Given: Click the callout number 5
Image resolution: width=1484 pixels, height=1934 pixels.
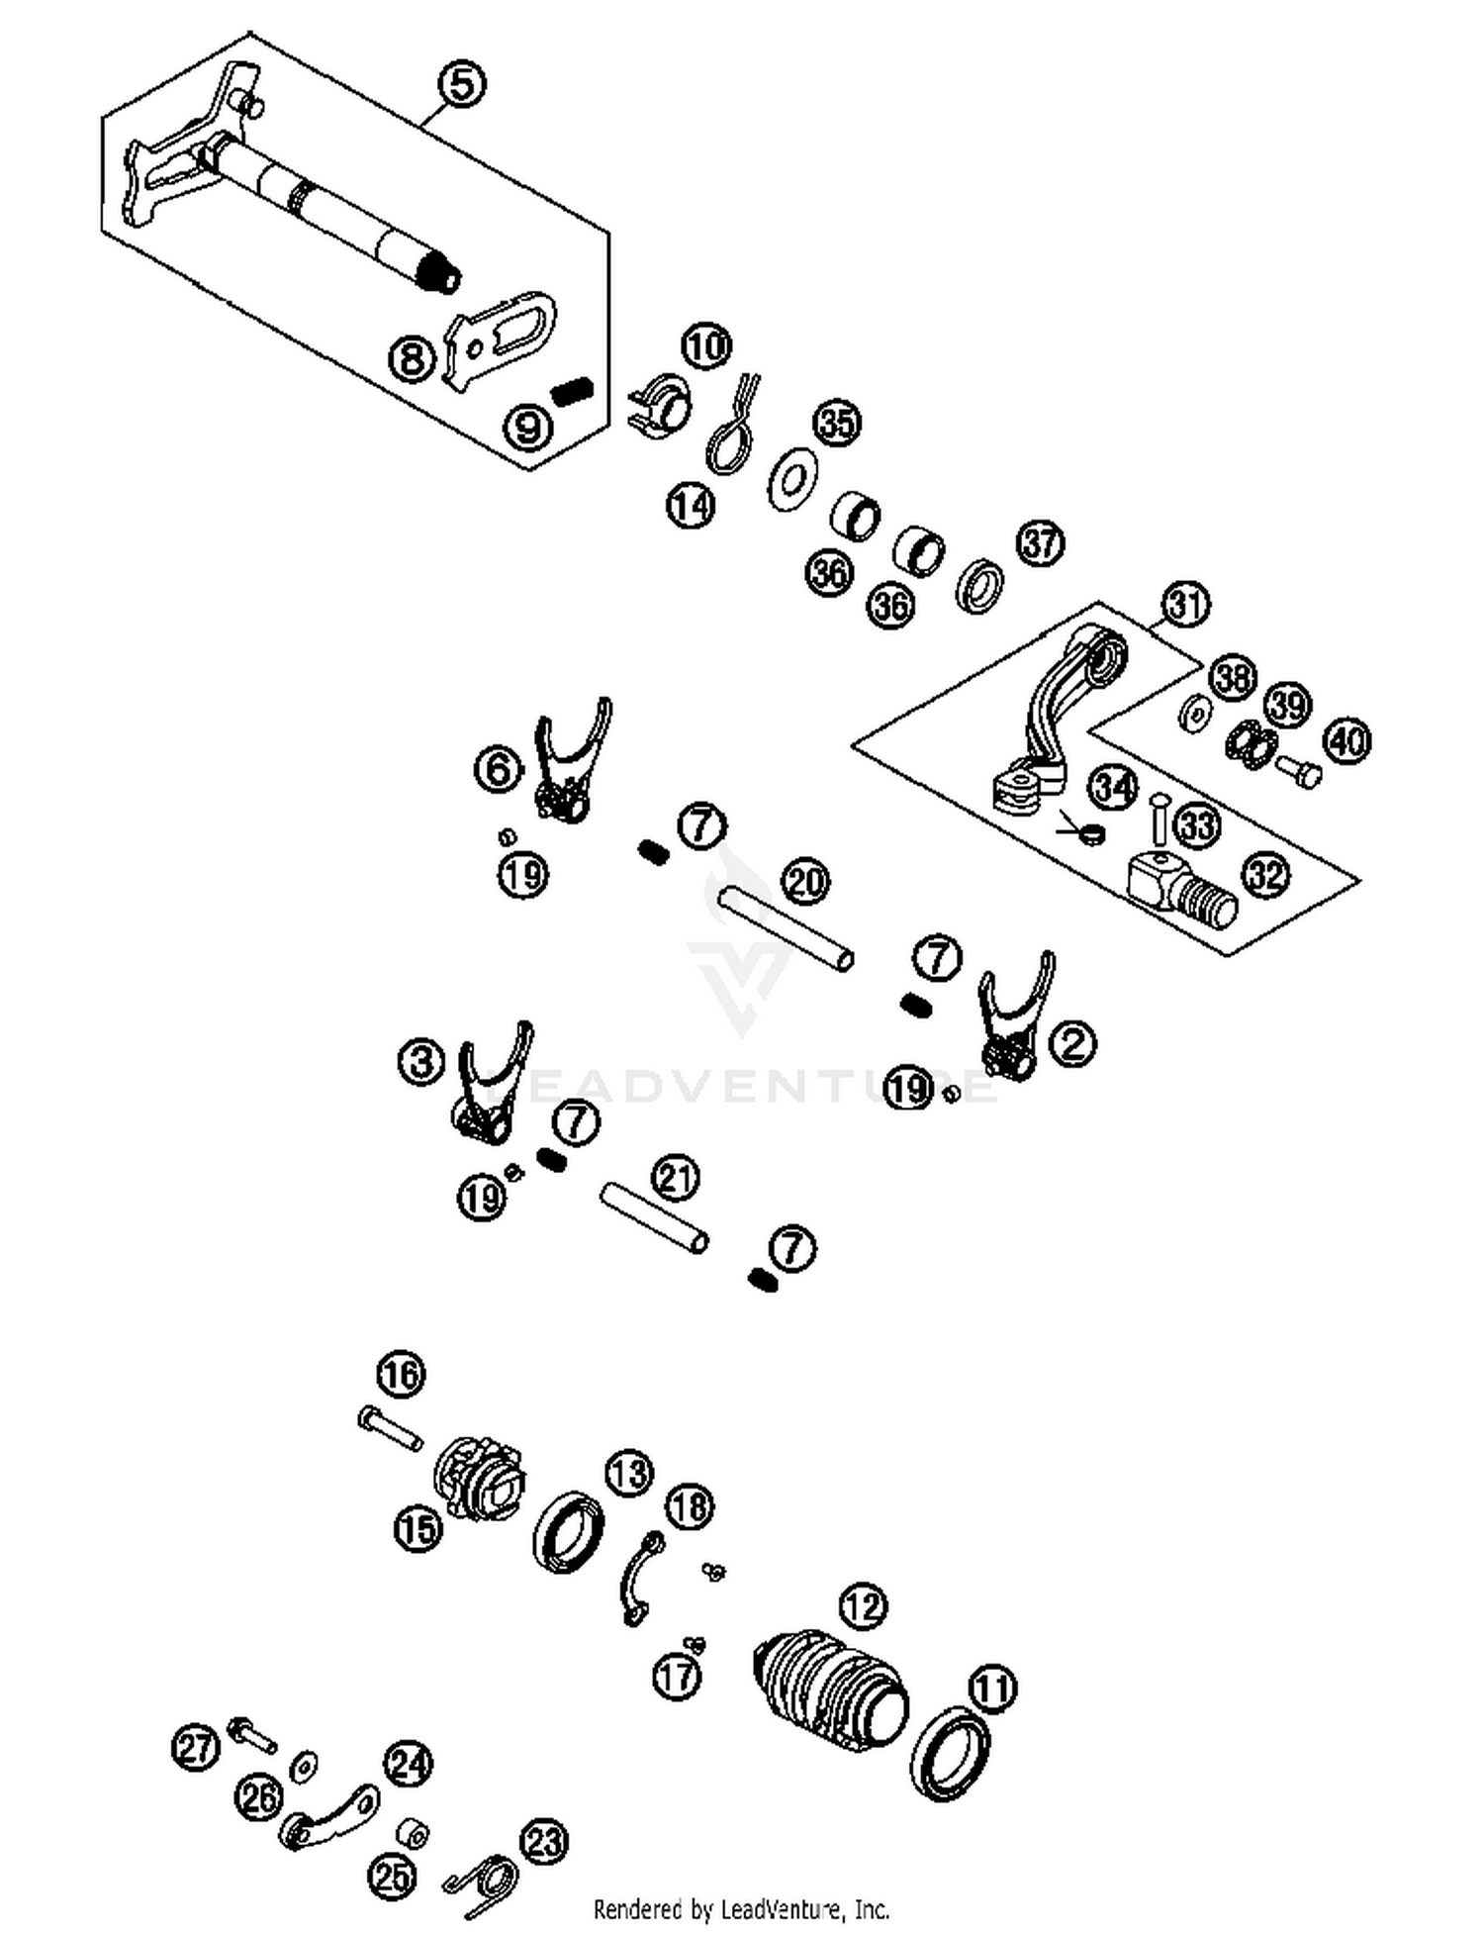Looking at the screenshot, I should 462,84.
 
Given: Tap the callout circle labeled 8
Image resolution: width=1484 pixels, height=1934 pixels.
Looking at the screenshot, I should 412,357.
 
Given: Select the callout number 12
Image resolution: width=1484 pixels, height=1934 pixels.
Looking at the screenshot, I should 863,1606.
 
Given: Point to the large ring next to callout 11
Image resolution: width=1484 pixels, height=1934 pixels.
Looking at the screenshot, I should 950,1754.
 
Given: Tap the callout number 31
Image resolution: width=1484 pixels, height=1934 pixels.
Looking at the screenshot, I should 1186,604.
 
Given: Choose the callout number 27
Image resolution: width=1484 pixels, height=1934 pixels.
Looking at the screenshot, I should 196,1747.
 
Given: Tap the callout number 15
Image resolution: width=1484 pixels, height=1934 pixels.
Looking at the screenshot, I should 417,1528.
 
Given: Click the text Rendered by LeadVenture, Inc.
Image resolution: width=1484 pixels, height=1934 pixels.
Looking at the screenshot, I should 741,1907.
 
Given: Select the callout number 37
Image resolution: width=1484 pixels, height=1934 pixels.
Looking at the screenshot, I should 1040,543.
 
